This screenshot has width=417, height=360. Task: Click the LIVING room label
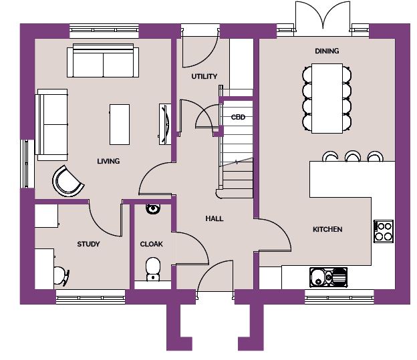click(x=108, y=161)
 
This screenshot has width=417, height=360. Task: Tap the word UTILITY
click(x=204, y=77)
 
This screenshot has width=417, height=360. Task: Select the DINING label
click(x=327, y=51)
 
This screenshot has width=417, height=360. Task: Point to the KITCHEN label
click(x=327, y=229)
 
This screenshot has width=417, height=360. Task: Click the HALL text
click(x=215, y=218)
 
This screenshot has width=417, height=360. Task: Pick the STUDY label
click(x=88, y=244)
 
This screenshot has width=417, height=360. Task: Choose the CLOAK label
click(x=151, y=244)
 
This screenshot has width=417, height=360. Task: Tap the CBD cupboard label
click(x=238, y=118)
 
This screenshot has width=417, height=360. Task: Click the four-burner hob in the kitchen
click(x=384, y=231)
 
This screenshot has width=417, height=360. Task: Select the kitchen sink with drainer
click(x=328, y=277)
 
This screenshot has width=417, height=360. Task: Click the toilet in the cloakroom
click(x=153, y=268)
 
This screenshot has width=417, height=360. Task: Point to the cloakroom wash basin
click(x=153, y=208)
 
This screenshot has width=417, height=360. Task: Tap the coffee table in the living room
click(x=120, y=124)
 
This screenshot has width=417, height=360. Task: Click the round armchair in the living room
click(x=67, y=181)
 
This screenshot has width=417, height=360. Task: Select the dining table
click(x=327, y=98)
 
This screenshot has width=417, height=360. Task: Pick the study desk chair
click(x=61, y=277)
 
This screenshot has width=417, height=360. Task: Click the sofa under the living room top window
click(x=103, y=61)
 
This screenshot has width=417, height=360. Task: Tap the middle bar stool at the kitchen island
click(x=353, y=156)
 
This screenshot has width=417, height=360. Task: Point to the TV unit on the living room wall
click(x=165, y=124)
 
